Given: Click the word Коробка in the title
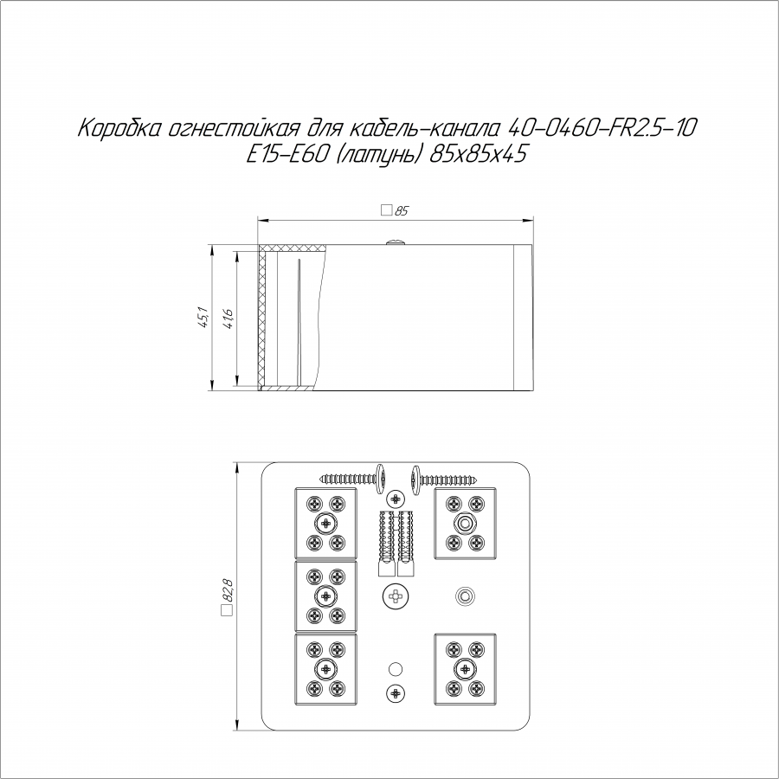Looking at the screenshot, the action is [x=119, y=129].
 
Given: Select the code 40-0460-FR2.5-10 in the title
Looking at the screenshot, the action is [x=602, y=128].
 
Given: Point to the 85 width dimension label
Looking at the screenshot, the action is [x=395, y=210].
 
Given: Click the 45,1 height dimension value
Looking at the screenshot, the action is [x=203, y=317].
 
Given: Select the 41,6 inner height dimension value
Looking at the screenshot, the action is [x=228, y=319].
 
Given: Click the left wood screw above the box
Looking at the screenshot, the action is [x=354, y=479].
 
